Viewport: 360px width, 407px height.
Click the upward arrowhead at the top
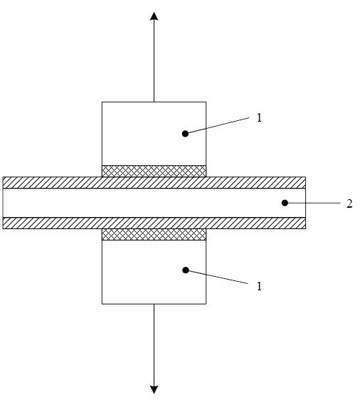point(154,16)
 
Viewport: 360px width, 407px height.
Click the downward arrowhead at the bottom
point(154,390)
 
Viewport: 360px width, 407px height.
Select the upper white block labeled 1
point(154,134)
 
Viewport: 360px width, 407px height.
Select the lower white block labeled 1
point(154,272)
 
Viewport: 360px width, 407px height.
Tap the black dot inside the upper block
point(185,134)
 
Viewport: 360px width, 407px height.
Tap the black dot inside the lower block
point(186,270)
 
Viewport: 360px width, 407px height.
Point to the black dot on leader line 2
point(285,203)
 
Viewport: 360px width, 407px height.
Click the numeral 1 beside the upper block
point(259,117)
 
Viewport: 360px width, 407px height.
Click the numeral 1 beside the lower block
point(259,286)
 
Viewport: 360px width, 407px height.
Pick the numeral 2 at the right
point(349,203)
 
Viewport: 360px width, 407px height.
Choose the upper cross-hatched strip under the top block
point(154,171)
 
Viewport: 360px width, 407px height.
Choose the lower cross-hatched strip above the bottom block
point(154,234)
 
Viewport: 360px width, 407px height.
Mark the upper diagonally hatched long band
point(154,182)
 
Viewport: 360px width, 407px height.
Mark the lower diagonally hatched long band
point(154,223)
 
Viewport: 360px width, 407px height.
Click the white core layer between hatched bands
point(154,203)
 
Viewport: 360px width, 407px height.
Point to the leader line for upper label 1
point(217,125)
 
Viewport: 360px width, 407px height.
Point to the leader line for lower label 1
point(217,277)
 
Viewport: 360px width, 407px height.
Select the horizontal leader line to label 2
point(312,203)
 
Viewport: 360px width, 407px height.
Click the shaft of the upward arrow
point(154,61)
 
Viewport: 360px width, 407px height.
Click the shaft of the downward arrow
point(154,344)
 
